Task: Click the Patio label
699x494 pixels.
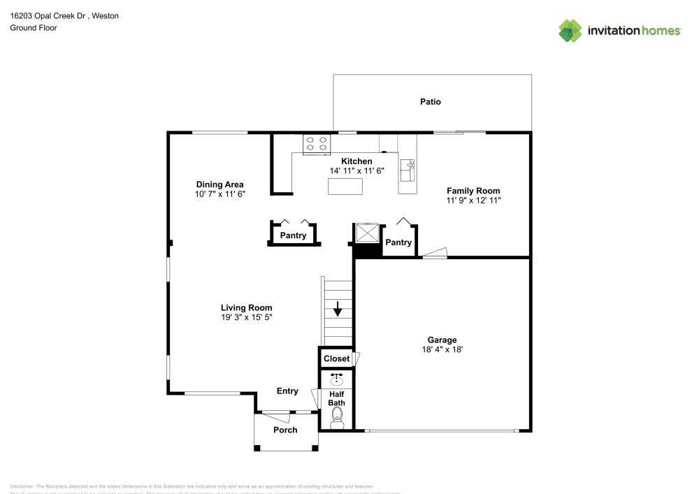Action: [x=430, y=102]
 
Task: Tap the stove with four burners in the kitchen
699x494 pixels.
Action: [x=316, y=144]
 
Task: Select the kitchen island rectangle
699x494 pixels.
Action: [x=345, y=187]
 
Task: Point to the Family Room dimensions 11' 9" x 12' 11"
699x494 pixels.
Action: [x=473, y=201]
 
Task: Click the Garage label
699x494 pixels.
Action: [x=442, y=340]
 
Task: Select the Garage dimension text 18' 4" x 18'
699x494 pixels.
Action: [x=442, y=350]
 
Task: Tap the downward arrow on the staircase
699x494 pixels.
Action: [x=338, y=309]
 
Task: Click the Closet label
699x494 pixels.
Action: [x=336, y=358]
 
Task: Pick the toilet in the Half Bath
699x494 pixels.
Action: [x=336, y=418]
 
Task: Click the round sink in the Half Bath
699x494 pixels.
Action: [x=336, y=380]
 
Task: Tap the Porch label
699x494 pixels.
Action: [x=285, y=430]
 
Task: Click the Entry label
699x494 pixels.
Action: [x=287, y=391]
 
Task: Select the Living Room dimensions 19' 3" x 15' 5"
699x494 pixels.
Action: [x=246, y=317]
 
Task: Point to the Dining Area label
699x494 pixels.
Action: [x=219, y=184]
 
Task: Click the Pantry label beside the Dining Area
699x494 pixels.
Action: [x=293, y=236]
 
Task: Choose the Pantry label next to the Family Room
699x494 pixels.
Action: [x=398, y=242]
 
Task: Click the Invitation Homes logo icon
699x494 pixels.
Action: [x=570, y=30]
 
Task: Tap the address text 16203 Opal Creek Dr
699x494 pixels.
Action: [x=49, y=15]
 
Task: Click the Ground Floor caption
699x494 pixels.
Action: [x=34, y=28]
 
